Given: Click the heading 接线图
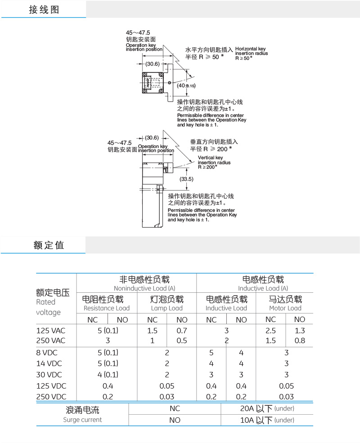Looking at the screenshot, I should [x=44, y=9].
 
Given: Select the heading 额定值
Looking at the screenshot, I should [x=49, y=245].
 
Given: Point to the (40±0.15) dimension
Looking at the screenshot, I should [x=186, y=85].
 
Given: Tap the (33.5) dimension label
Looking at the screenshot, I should [x=186, y=179].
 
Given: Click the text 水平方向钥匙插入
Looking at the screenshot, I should [x=209, y=49].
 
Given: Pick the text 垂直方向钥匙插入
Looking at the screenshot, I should [x=214, y=142].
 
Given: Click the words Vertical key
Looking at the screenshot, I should [x=210, y=158].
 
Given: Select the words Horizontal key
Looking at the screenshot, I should [x=250, y=49].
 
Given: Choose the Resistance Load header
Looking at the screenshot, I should [x=107, y=308].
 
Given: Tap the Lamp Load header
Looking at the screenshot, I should [x=166, y=308].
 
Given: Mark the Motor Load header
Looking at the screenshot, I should [x=285, y=308].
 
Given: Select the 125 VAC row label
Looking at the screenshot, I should [x=51, y=331].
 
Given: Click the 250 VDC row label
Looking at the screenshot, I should [x=51, y=397].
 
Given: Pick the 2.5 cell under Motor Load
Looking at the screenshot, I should [x=270, y=331].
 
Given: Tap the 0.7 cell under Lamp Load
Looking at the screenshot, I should [x=182, y=331].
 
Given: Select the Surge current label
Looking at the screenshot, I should [x=82, y=420].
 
